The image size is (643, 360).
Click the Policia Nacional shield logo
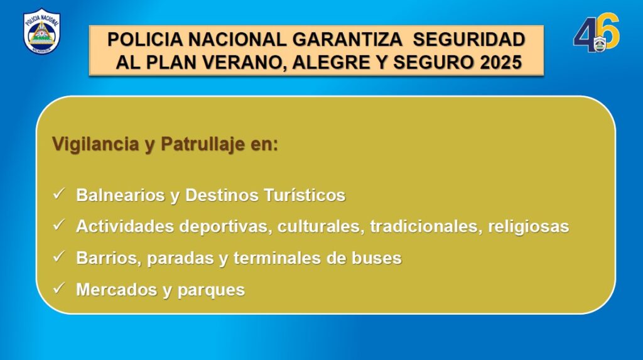coord(42,31)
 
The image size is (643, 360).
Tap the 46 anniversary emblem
coord(597,33)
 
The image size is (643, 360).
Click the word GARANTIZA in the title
coord(347,40)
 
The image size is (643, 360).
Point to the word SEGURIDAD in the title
coord(469,40)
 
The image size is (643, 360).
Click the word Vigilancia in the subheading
coord(95,144)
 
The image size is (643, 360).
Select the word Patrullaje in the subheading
coord(203,144)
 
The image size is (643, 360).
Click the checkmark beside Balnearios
coord(59,194)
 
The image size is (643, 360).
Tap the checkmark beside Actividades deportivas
coord(59,224)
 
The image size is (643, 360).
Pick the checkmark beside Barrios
coord(59,256)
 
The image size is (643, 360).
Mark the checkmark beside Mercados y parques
coord(59,288)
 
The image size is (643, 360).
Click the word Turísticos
coord(305,195)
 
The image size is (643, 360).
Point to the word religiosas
coord(529,227)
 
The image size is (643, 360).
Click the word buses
coord(377,258)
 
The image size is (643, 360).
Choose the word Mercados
coord(116,290)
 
